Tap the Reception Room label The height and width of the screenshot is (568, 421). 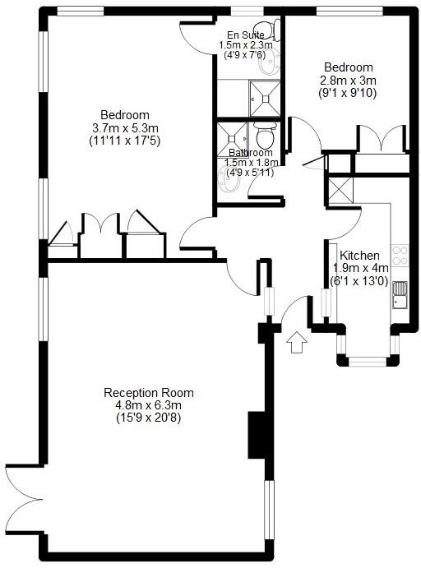[142, 392]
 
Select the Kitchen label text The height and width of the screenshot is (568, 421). [359, 255]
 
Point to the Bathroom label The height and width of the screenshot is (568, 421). [250, 152]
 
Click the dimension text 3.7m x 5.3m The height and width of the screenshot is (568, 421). [124, 127]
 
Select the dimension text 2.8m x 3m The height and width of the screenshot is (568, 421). [348, 81]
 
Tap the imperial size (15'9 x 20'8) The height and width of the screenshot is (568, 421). [143, 418]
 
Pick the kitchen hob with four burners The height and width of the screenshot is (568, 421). [400, 256]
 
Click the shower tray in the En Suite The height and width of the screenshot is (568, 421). [265, 96]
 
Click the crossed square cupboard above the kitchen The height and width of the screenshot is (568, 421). [338, 191]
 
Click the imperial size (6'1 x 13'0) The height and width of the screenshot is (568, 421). [359, 281]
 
